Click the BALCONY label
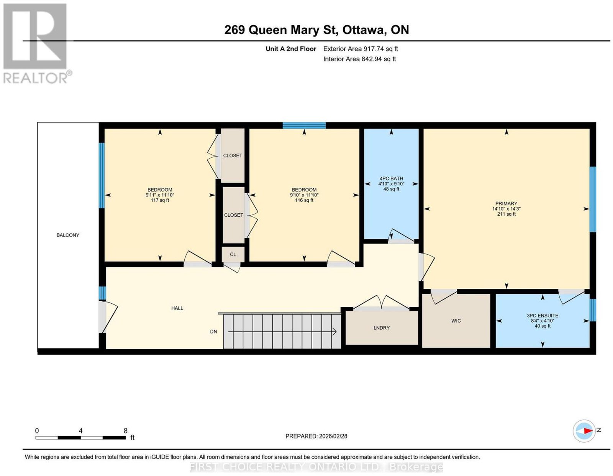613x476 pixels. [68, 235]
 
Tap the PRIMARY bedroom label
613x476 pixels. [506, 203]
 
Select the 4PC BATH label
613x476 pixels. [391, 178]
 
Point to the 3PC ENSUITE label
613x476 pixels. [542, 316]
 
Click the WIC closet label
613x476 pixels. [456, 321]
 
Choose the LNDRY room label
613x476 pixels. [381, 328]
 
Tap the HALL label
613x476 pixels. [177, 308]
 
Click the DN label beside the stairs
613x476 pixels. [213, 332]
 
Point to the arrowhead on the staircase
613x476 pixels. [334, 332]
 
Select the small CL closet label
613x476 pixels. [233, 255]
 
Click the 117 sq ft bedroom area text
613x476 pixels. [160, 200]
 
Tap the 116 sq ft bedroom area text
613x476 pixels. [304, 200]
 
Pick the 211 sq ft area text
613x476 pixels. [506, 214]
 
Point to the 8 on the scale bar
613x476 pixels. [126, 431]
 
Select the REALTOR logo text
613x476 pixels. [36, 78]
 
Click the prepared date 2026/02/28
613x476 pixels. [333, 436]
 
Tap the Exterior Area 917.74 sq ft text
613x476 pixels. [361, 49]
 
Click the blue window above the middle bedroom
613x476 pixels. [304, 125]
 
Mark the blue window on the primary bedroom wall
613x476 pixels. [593, 199]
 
